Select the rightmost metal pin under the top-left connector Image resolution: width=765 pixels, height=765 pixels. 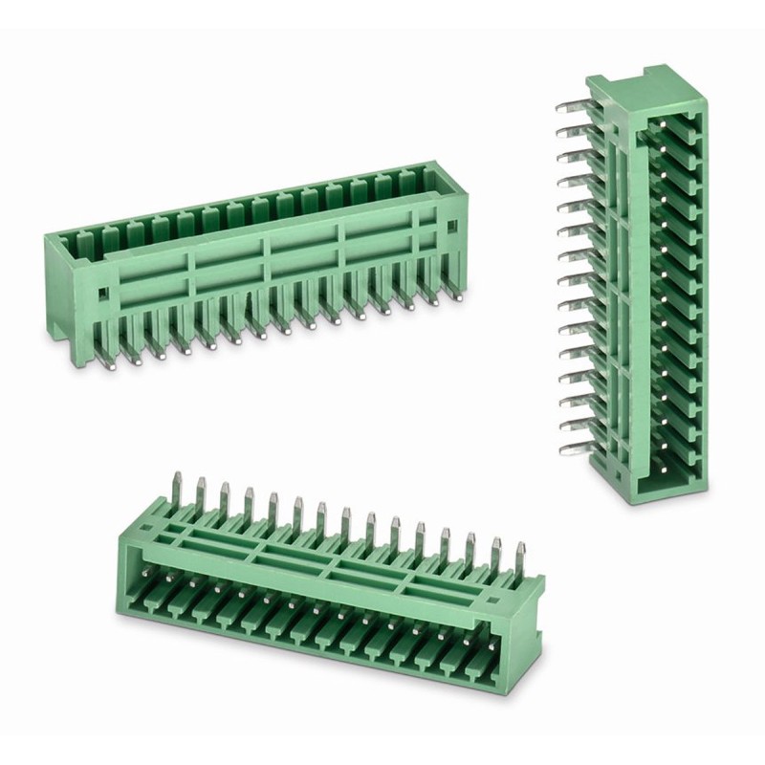459,293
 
